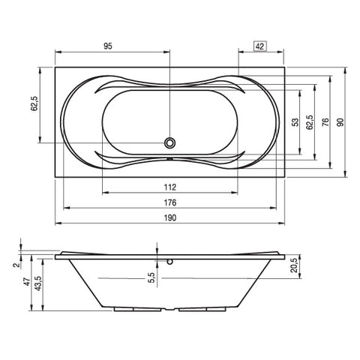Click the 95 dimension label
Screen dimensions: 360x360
tap(108, 46)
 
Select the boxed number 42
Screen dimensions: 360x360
tap(260, 46)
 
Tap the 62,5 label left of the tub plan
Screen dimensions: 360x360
tap(34, 103)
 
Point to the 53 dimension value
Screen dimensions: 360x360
tap(295, 122)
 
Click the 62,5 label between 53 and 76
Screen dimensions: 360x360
tap(310, 122)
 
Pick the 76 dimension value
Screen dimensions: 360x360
tap(325, 122)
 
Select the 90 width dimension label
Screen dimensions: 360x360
tap(340, 122)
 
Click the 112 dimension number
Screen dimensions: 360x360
tap(170, 187)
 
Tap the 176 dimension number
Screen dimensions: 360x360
tap(170, 202)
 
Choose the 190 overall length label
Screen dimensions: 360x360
tap(170, 217)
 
